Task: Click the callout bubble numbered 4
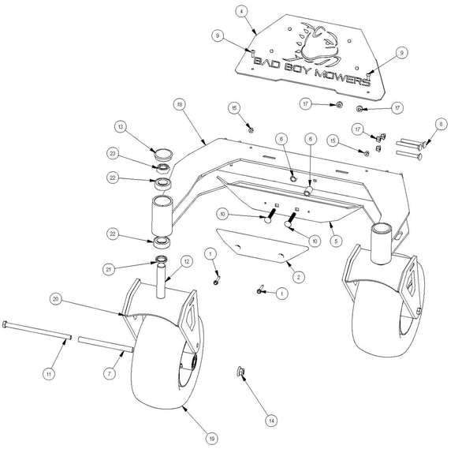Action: coord(240,10)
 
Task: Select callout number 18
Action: coord(181,103)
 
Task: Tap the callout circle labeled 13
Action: coord(119,126)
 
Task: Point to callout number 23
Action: coord(114,155)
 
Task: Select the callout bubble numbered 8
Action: coord(441,123)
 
